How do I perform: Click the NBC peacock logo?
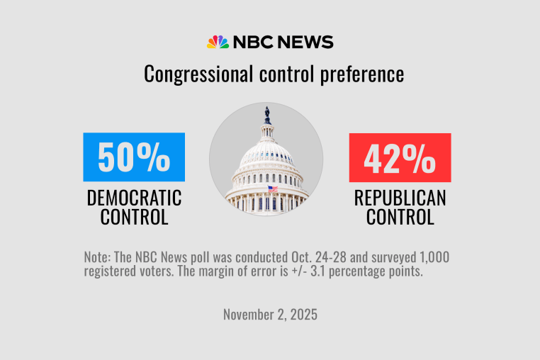pyautogui.click(x=218, y=42)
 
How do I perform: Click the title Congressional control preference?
pyautogui.click(x=274, y=74)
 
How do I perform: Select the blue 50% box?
pyautogui.click(x=134, y=157)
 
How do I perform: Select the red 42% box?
pyautogui.click(x=400, y=157)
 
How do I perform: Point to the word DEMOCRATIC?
pyautogui.click(x=134, y=198)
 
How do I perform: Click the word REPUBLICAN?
pyautogui.click(x=400, y=198)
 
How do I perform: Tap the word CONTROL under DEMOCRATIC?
pyautogui.click(x=134, y=217)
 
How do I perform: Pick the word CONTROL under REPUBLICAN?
pyautogui.click(x=400, y=217)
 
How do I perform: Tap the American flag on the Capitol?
pyautogui.click(x=272, y=189)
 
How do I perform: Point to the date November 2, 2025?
pyautogui.click(x=270, y=314)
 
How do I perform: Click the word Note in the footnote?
pyautogui.click(x=96, y=258)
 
